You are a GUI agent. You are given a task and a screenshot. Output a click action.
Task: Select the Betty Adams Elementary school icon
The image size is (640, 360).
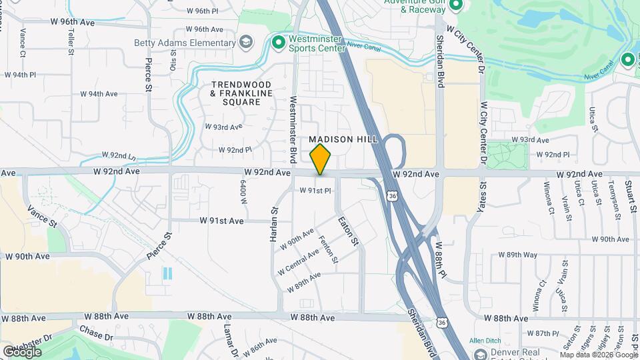[x=246, y=43]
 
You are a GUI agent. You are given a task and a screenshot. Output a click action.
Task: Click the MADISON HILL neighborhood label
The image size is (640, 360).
[x=343, y=139]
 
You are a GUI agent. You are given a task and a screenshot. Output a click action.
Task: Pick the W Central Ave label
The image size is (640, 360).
[x=299, y=262]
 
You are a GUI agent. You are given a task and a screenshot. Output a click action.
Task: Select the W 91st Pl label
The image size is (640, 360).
[x=315, y=191]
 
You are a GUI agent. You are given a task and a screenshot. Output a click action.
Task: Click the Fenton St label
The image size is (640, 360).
[x=329, y=249]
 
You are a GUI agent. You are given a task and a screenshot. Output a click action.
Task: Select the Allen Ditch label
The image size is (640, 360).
[x=485, y=341]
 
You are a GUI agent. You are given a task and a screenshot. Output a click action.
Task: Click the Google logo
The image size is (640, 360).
[x=22, y=351]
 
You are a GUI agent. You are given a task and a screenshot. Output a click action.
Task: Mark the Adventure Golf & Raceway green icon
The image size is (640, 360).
[x=457, y=6]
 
